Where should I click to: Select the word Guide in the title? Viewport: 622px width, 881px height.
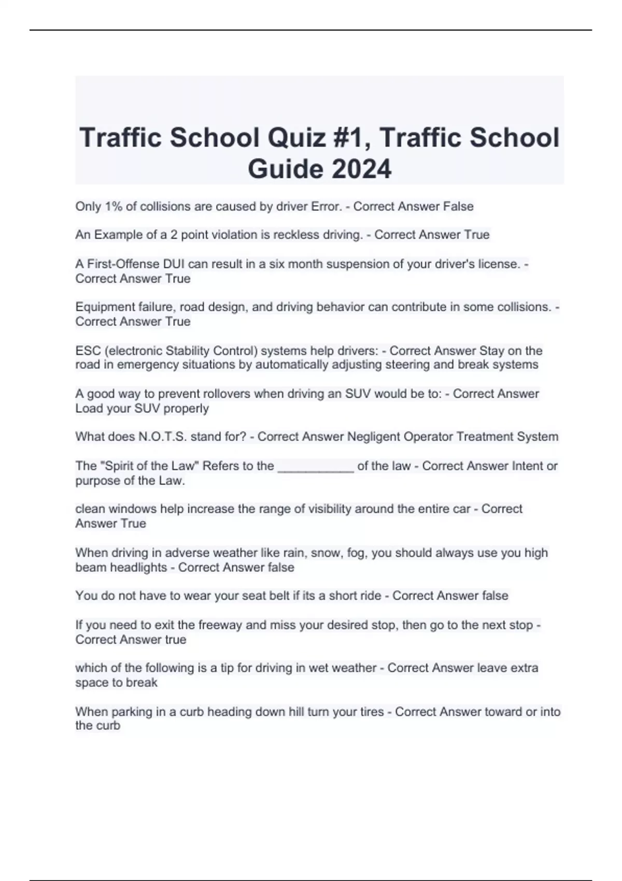pos(285,169)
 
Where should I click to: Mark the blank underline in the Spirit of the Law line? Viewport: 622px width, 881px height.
pos(316,466)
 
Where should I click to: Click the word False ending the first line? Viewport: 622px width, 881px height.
pos(458,206)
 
